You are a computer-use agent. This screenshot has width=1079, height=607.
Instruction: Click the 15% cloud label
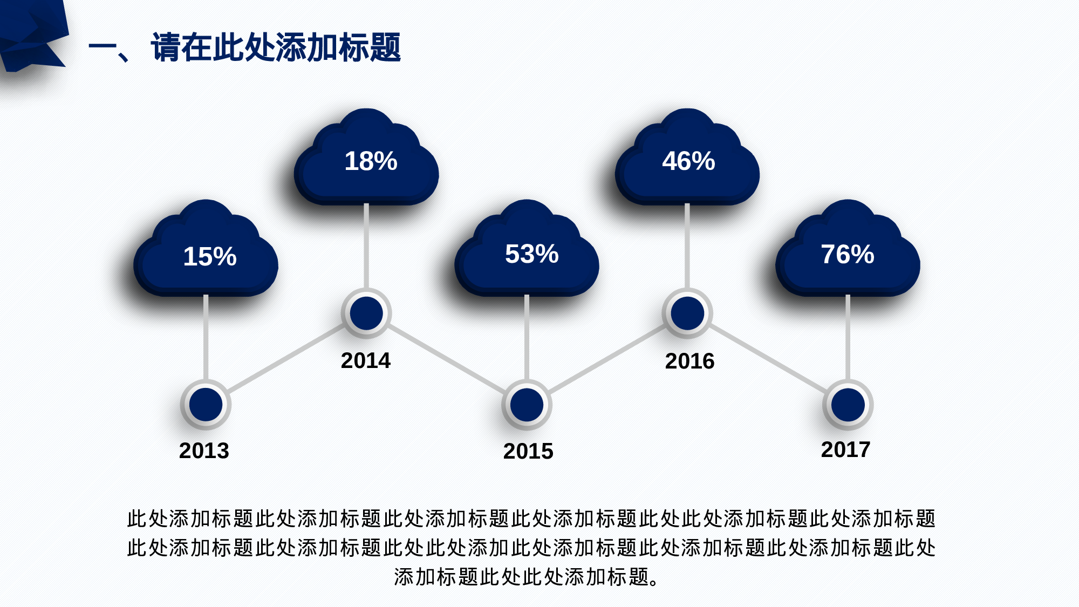(x=210, y=256)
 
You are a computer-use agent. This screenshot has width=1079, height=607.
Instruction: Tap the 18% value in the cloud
(x=371, y=161)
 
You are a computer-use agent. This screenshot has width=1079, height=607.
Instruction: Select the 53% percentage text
(x=531, y=254)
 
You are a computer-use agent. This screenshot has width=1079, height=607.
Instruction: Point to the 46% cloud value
(x=688, y=161)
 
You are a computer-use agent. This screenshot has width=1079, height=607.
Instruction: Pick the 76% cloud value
(x=847, y=254)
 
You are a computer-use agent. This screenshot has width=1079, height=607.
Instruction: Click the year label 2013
(x=204, y=451)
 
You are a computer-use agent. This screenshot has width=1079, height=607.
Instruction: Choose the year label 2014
(x=365, y=361)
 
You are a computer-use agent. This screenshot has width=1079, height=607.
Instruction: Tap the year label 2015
(x=528, y=452)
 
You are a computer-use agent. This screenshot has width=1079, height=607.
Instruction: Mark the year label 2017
(x=845, y=450)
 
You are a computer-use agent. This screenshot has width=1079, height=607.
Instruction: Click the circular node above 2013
(x=206, y=405)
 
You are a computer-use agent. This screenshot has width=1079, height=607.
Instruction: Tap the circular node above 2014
(x=366, y=313)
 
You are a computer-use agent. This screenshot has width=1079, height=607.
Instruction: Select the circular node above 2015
(x=527, y=405)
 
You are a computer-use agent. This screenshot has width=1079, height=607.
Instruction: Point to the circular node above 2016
(x=687, y=313)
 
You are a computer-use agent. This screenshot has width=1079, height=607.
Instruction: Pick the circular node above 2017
(x=848, y=405)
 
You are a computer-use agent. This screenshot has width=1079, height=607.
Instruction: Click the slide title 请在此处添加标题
(x=276, y=47)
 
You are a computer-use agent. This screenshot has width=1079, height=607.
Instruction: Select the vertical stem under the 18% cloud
(x=366, y=245)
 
